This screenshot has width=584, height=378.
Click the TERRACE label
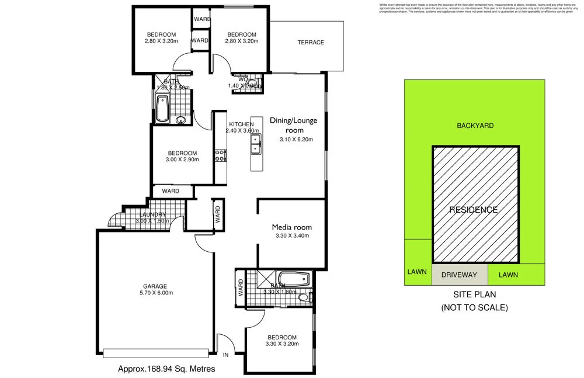click(310, 42)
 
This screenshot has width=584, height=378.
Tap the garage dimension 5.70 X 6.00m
click(155, 293)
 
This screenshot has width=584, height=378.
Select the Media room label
click(291, 227)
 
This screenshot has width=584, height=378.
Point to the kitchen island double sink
click(256, 144)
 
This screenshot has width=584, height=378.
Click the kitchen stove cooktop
click(221, 155)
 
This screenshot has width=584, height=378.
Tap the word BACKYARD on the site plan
click(475, 125)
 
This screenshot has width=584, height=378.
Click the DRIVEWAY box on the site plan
click(459, 275)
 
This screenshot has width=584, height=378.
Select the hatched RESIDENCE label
click(473, 210)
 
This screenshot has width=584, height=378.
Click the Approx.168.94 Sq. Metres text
click(166, 369)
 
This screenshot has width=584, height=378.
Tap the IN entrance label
click(226, 355)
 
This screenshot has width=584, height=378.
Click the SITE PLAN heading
click(475, 295)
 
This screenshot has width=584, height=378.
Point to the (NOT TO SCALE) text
click(475, 307)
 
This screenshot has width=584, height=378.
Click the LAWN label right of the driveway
click(508, 275)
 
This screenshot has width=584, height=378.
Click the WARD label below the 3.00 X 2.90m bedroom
click(171, 191)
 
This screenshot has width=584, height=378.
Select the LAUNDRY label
click(152, 214)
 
